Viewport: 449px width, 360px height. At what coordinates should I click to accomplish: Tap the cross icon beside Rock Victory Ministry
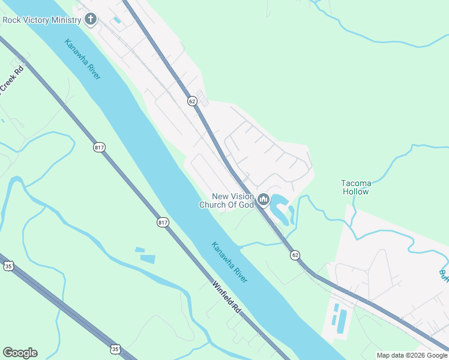click(91, 19)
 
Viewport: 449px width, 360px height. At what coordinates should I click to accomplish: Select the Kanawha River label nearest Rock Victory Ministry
click(83, 59)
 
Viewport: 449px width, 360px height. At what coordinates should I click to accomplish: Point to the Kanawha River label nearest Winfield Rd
click(229, 263)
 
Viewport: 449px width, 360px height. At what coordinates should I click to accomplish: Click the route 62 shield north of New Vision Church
click(191, 101)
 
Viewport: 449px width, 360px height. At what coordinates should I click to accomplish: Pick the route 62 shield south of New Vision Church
click(295, 255)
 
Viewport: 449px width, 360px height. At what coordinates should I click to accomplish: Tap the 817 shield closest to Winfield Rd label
click(163, 223)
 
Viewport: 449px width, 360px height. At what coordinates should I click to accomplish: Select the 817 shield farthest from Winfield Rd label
click(99, 147)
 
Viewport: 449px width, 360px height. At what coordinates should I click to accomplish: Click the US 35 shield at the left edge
click(8, 266)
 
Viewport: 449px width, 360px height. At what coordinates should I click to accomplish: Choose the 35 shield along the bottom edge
click(115, 349)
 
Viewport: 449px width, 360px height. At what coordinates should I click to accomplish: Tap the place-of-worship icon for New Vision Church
click(263, 199)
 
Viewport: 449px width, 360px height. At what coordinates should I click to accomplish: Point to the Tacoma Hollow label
click(356, 187)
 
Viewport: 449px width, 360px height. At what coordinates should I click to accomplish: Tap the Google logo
click(20, 353)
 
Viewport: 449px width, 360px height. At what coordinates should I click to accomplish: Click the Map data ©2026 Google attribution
click(412, 355)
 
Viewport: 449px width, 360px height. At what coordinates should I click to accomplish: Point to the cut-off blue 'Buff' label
click(443, 275)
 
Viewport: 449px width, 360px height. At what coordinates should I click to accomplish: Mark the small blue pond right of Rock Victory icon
click(116, 20)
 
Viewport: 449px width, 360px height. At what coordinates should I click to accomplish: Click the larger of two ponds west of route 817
click(148, 259)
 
